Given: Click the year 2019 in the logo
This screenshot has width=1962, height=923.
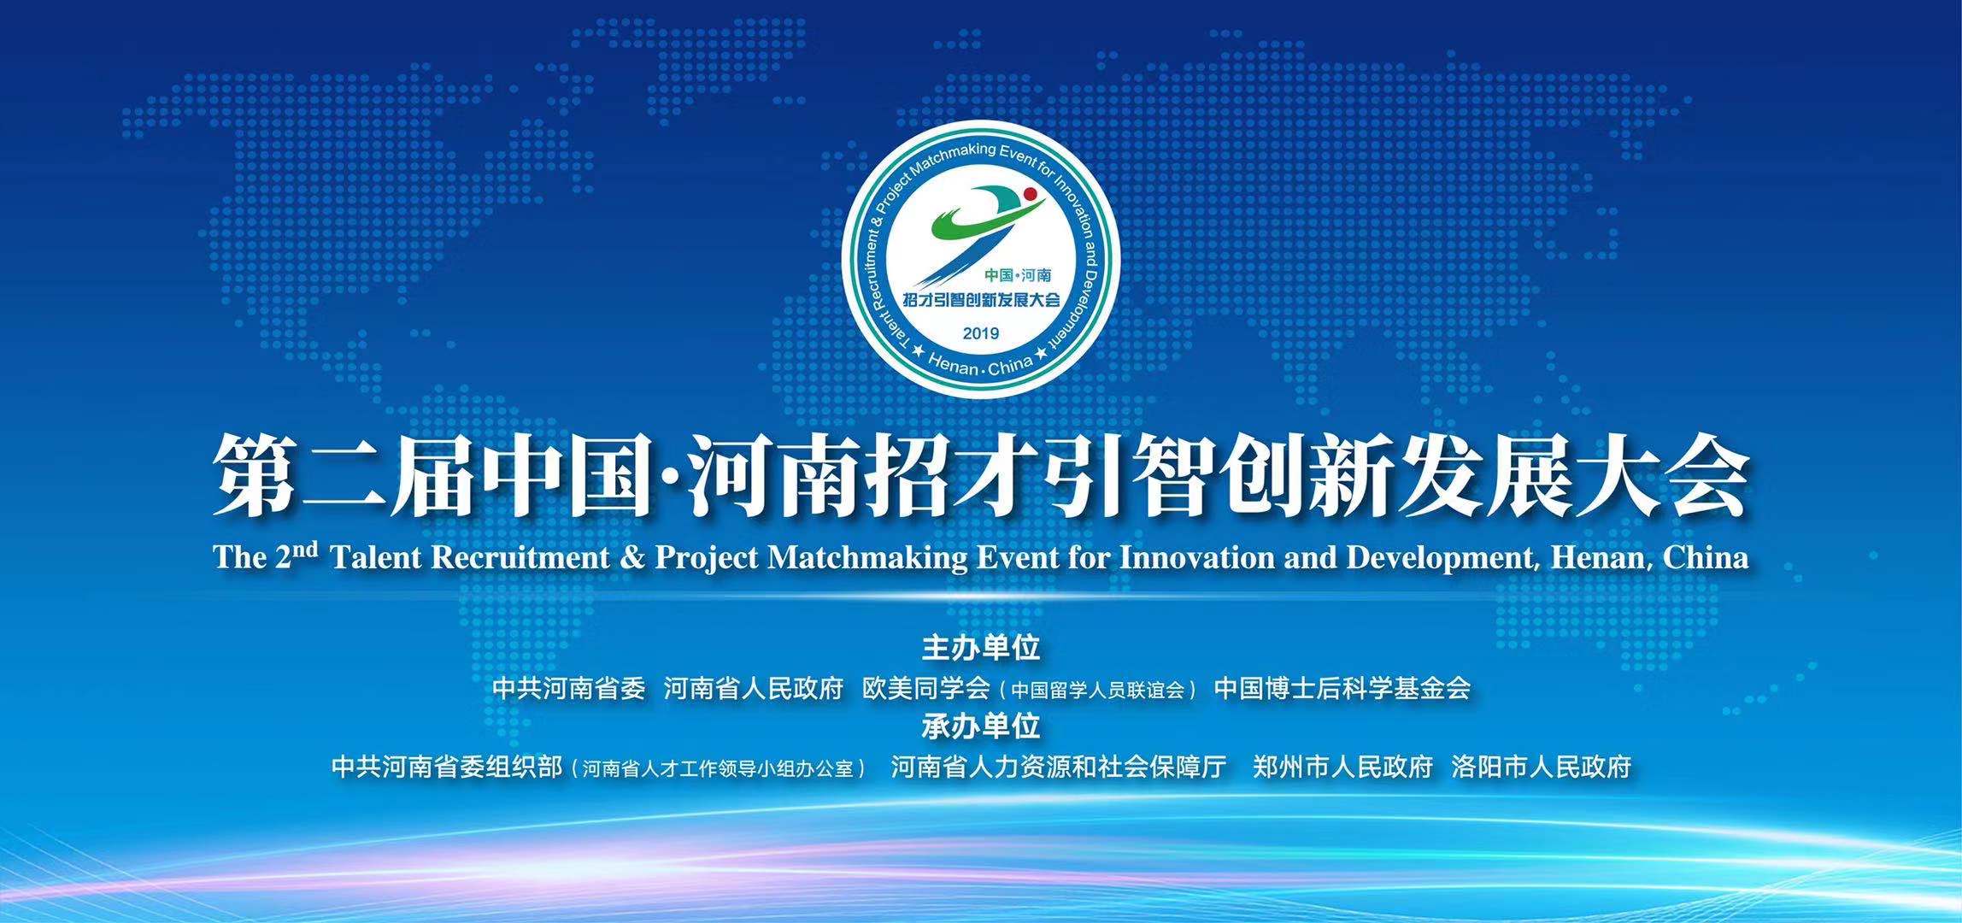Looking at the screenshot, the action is [980, 333].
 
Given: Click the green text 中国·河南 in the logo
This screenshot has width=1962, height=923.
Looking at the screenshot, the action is [1018, 275].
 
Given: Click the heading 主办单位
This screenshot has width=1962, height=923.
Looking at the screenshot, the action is [981, 648].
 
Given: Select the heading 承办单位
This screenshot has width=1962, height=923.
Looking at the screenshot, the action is [981, 726].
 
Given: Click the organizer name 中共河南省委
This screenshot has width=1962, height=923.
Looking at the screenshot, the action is [569, 688].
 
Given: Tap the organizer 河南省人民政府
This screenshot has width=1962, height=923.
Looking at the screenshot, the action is [754, 688].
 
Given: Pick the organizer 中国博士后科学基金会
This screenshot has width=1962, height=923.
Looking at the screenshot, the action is [1342, 688].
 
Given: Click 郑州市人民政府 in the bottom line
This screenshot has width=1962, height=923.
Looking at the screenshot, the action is [1342, 767].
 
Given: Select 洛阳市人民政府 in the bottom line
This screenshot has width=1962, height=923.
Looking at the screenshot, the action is [1542, 767].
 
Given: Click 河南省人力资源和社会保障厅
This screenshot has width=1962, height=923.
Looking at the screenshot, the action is [1059, 767].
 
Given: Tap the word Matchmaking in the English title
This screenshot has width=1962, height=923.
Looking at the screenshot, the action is [868, 558].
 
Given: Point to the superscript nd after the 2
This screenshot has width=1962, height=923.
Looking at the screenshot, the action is [307, 547].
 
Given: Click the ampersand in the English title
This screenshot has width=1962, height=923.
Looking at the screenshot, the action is [632, 558].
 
